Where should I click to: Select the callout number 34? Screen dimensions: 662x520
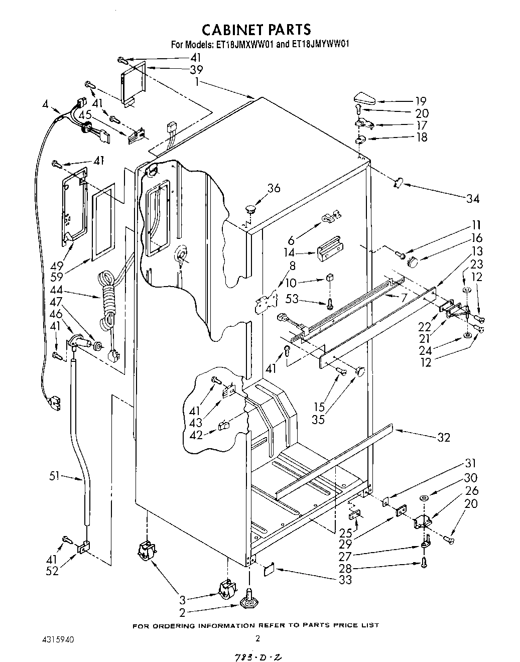point(472,198)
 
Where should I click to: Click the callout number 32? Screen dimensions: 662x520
point(443,437)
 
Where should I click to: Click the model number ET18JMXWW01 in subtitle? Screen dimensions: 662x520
point(245,44)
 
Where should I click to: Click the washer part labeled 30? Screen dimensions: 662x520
point(423,497)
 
